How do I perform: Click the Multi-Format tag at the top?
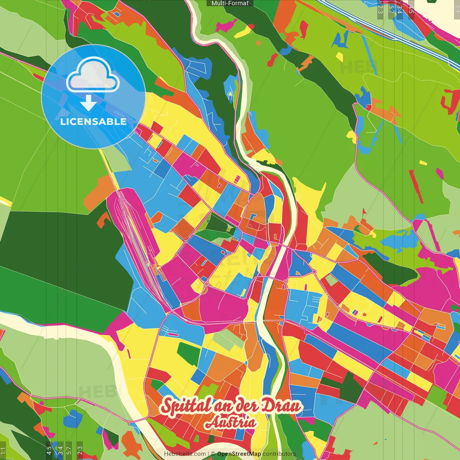[x=230, y=3]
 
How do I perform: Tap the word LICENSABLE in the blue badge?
[x=93, y=121]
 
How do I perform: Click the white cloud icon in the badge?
[x=93, y=75]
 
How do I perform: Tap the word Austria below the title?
[x=231, y=423]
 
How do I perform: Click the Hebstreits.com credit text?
[x=185, y=454]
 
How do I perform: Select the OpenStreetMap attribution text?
[x=239, y=454]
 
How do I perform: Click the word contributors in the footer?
[x=279, y=454]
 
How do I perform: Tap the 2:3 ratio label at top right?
[x=380, y=9]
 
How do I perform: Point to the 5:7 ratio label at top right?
[x=391, y=9]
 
